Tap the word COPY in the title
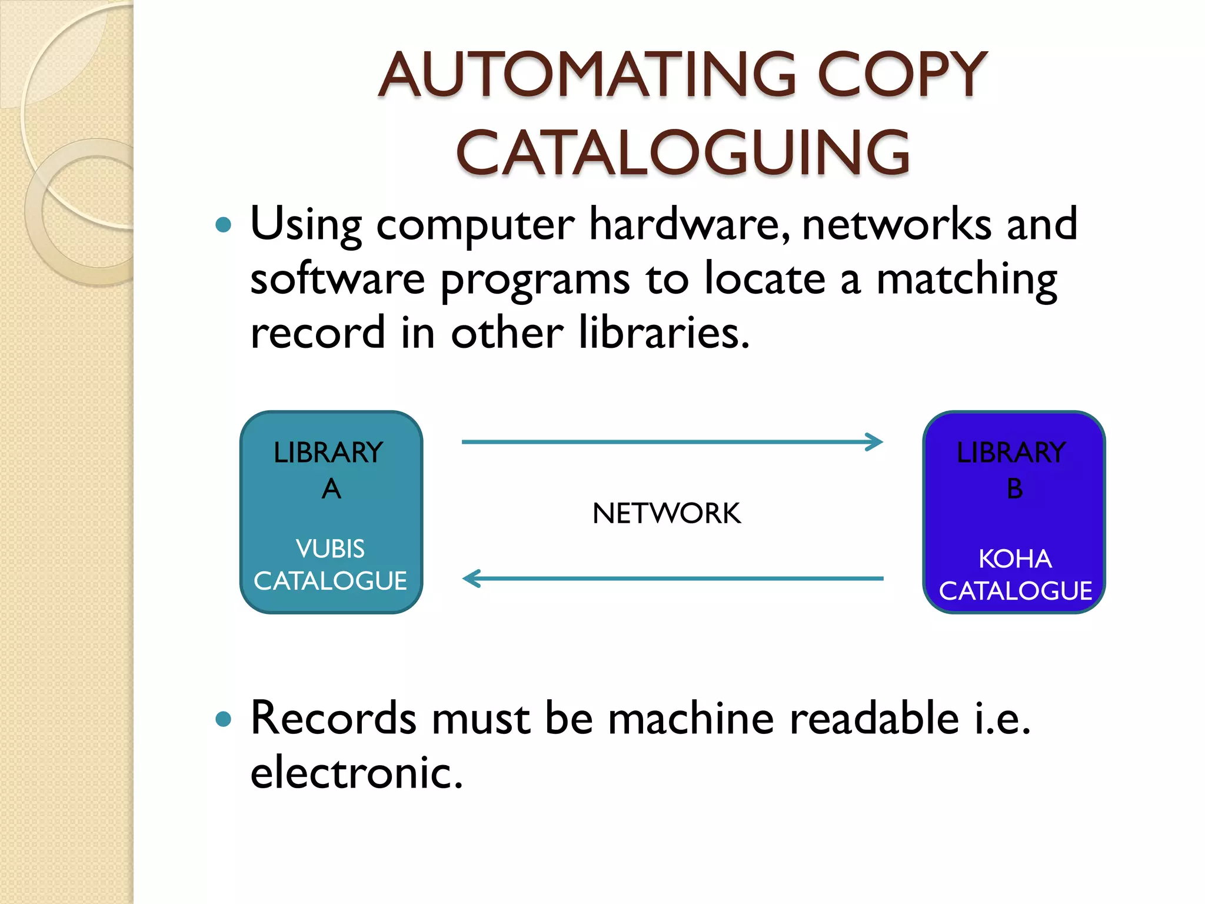point(901,75)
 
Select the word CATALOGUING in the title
point(683,153)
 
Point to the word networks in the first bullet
point(896,224)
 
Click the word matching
point(967,280)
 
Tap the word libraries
point(664,333)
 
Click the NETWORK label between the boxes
point(666,513)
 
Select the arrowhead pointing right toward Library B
point(875,442)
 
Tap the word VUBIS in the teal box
point(330,549)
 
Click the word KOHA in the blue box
point(1014,559)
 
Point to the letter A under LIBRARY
point(331,488)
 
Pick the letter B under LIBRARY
point(1014,488)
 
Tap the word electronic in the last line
point(356,772)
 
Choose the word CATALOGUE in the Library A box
point(330,581)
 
